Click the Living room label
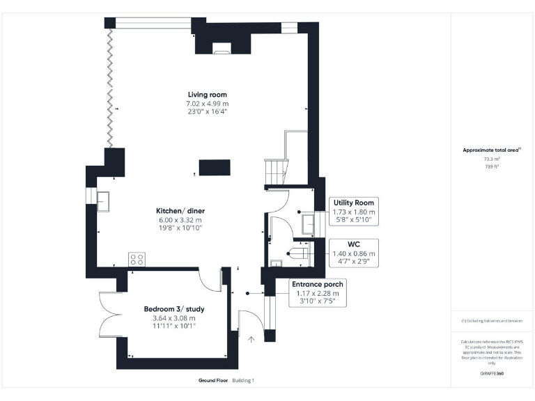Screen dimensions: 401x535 pyautogui.click(x=207, y=95)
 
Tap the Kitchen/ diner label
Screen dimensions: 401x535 pyautogui.click(x=180, y=211)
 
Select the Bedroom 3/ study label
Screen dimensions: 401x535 pyautogui.click(x=174, y=309)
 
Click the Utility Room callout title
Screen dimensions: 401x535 pyautogui.click(x=355, y=203)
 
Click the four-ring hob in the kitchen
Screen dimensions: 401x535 pyautogui.click(x=137, y=259)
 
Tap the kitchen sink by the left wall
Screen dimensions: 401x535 pyautogui.click(x=107, y=202)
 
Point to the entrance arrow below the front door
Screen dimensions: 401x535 pyautogui.click(x=252, y=340)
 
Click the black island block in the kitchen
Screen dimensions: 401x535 pyautogui.click(x=215, y=168)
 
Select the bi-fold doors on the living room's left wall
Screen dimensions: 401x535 pyautogui.click(x=109, y=87)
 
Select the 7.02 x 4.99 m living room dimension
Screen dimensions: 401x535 pyautogui.click(x=207, y=104)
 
